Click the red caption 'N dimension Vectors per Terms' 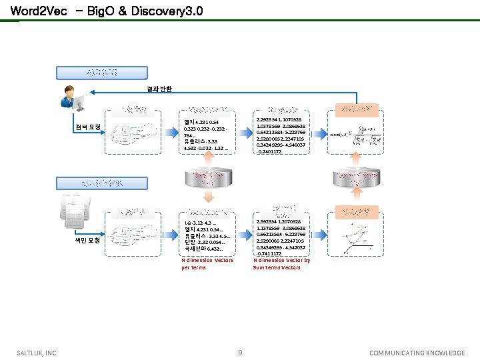tap(207, 263)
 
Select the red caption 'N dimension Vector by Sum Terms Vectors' tap(281, 263)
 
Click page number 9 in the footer tap(240, 352)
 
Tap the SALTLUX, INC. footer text tap(37, 353)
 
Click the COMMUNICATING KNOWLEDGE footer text tap(417, 353)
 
